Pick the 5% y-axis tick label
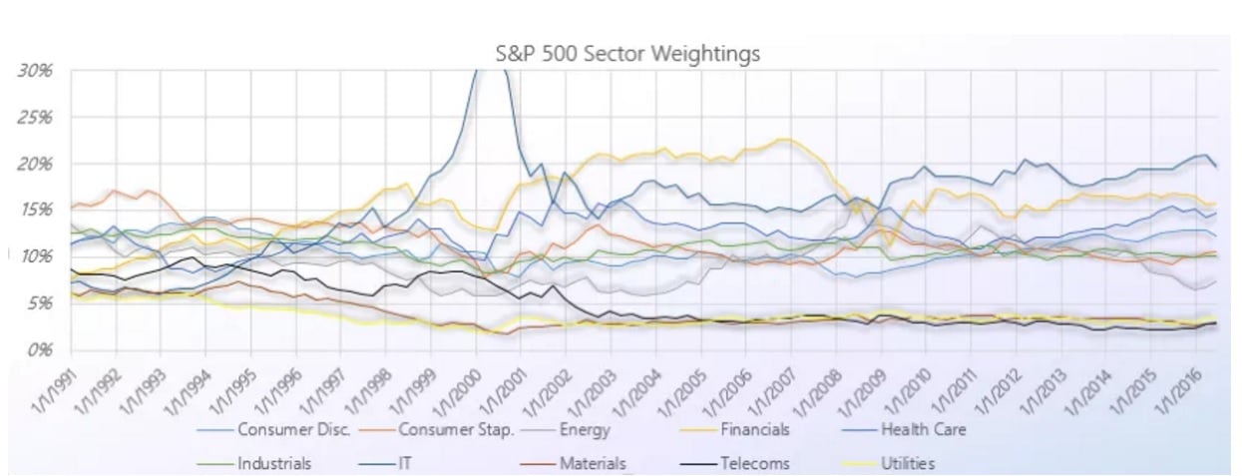[x=38, y=303]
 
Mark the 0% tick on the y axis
[x=38, y=349]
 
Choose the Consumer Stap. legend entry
[x=455, y=431]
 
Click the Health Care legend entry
[x=922, y=431]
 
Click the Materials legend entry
[x=591, y=463]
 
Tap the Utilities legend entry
[x=907, y=463]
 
